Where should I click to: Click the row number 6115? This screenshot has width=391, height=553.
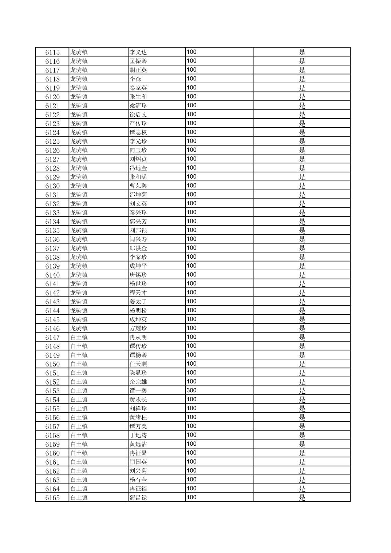pos(52,52)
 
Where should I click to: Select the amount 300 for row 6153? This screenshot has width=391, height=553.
pos(191,390)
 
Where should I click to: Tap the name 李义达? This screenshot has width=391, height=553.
pos(138,52)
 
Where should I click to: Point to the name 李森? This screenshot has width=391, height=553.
pos(135,79)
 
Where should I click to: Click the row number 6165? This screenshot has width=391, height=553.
pos(52,498)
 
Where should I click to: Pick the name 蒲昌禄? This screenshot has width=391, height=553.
pos(138,498)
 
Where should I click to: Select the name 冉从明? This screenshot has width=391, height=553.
pos(138,337)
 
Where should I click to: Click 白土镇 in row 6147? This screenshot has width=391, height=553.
pos(79,337)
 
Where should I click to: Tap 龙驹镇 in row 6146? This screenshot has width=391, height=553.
pos(79,328)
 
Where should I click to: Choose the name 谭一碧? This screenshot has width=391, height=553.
pos(138,391)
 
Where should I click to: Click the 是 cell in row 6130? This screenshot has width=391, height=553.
pos(302,186)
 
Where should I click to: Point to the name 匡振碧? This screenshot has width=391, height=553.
pos(138,61)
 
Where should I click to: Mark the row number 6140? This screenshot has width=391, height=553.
pos(52,275)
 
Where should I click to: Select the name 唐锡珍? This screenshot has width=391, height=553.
pos(138,275)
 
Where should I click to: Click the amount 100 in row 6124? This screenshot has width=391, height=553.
pos(191,132)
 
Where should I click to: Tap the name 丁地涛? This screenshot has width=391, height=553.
pos(138,435)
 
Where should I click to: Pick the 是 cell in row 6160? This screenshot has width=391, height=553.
pos(302,453)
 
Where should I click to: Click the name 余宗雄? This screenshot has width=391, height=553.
pos(138,382)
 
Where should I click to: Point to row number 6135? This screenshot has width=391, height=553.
pos(52,230)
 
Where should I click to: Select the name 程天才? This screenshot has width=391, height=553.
pos(138,293)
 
